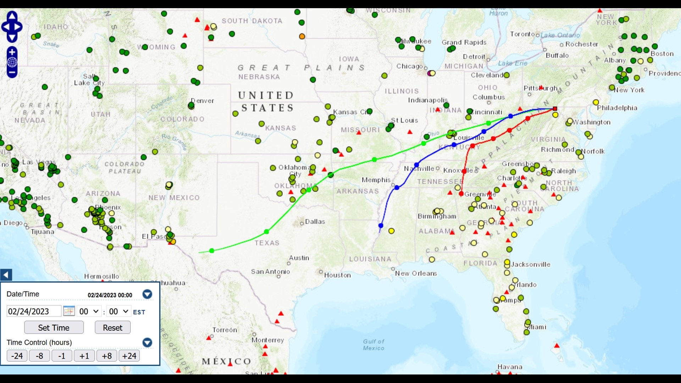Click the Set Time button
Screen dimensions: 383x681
54,328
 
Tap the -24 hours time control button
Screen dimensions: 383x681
17,356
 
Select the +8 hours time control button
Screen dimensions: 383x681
106,356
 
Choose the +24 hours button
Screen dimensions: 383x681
129,356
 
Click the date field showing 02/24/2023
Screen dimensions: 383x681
34,311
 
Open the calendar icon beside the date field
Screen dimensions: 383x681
69,311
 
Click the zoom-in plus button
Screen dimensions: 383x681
12,52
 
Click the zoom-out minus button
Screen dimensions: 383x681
12,72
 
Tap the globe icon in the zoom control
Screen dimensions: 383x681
12,62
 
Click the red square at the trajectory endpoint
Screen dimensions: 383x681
555,109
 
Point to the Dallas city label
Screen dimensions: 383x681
315,222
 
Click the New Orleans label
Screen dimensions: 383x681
416,273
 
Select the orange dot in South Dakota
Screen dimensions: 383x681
302,36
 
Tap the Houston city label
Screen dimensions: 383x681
337,275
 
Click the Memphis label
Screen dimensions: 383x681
376,180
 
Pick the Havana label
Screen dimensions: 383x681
510,367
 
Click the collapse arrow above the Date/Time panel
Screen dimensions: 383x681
6,275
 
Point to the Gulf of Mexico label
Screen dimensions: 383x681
373,345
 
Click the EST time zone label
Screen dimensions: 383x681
139,312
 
